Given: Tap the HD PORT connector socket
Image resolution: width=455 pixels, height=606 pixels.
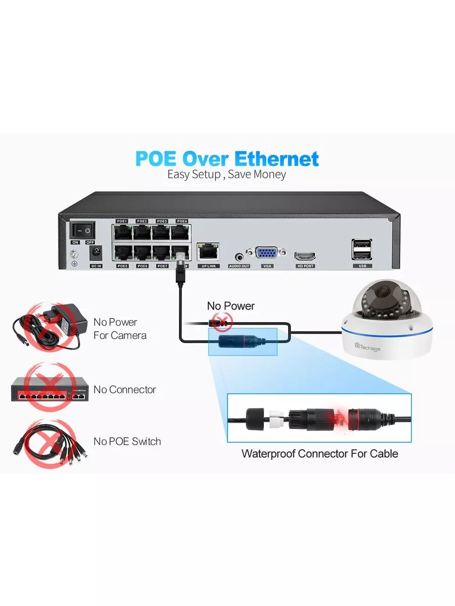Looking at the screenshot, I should (x=305, y=256).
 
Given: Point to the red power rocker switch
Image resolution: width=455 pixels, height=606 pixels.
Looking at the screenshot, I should (x=82, y=231).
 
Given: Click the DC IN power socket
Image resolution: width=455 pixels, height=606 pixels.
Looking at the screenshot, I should (x=96, y=252).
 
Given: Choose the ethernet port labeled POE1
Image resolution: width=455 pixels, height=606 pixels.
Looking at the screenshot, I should (x=122, y=232).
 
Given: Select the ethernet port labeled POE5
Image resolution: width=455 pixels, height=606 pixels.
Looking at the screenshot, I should (x=122, y=252).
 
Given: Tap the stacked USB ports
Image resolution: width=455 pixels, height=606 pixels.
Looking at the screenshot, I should (x=362, y=248).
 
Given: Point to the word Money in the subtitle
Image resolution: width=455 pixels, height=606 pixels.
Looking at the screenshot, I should (x=270, y=175).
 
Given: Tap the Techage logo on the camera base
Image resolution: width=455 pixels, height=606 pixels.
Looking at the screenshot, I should (x=368, y=346).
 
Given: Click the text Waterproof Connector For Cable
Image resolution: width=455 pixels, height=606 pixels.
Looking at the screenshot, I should (x=320, y=453).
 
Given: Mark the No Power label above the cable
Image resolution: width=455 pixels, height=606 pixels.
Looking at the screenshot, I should (x=231, y=306).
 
